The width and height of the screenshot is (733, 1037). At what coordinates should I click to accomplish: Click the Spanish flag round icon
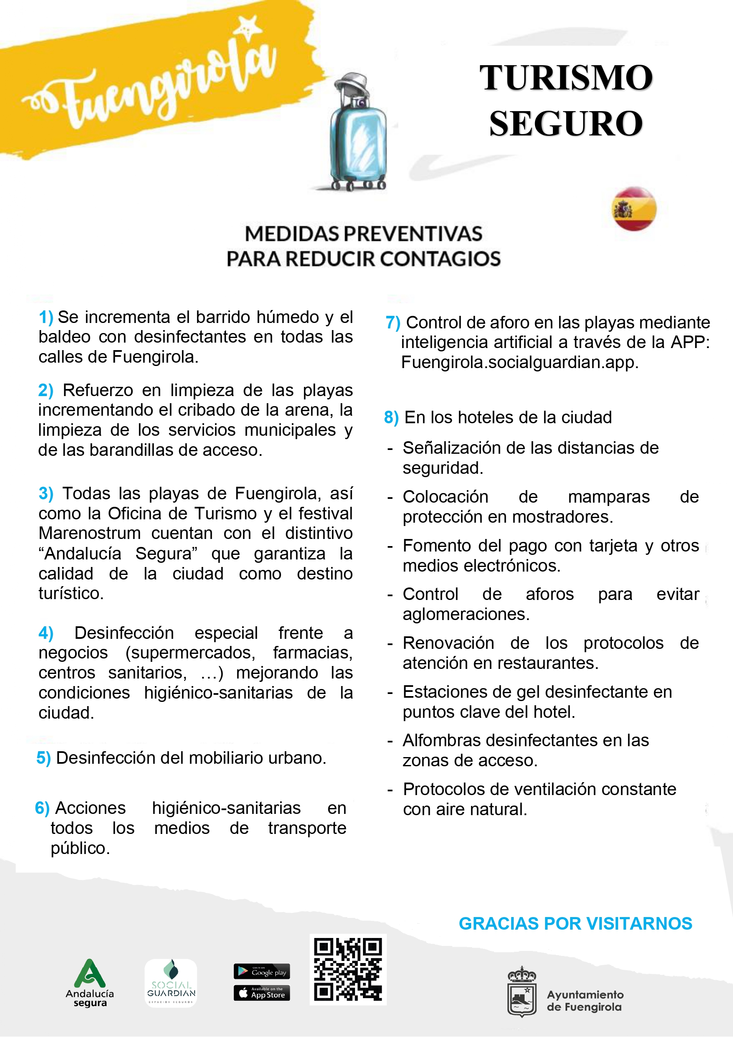(x=634, y=208)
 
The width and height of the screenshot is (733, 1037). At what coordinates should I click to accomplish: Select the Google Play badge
(x=261, y=971)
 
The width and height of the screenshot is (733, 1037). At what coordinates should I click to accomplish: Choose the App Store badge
(x=261, y=993)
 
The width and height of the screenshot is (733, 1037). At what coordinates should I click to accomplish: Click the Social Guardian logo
(x=171, y=983)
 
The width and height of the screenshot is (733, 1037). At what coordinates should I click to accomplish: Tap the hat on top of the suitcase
(x=351, y=86)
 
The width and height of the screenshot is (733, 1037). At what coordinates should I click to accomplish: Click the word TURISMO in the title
(x=566, y=78)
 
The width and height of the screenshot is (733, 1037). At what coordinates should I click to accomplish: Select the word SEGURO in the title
(x=566, y=124)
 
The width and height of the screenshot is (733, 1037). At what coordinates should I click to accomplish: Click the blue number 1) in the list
(x=46, y=317)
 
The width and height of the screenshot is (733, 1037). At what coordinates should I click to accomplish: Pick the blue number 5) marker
(x=43, y=758)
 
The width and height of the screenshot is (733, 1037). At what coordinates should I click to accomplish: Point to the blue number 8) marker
(x=391, y=417)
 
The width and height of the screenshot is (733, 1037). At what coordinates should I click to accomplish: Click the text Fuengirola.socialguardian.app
(x=520, y=362)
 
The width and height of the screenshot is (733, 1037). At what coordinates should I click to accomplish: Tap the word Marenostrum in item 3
(x=89, y=534)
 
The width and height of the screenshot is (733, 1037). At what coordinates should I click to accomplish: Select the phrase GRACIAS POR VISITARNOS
(x=576, y=924)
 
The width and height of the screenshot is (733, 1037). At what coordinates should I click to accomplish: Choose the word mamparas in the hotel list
(x=609, y=497)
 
